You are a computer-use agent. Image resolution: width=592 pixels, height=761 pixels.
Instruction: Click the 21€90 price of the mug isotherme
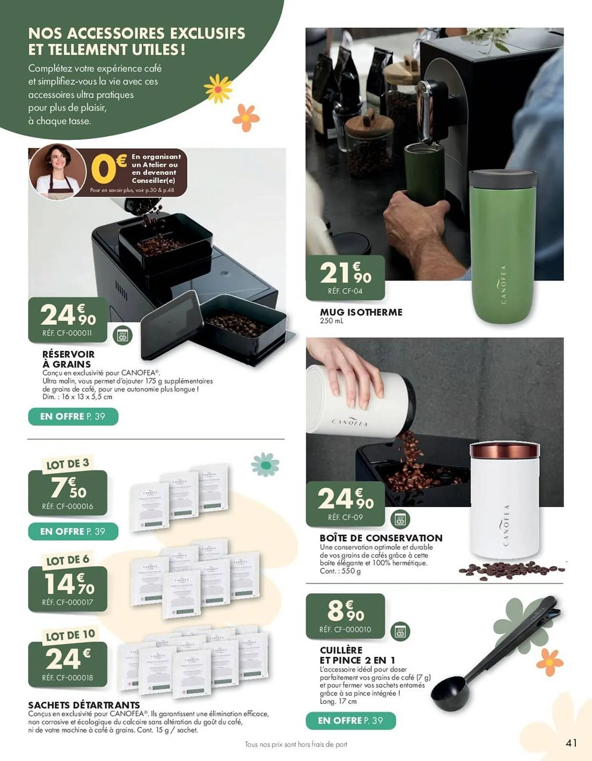[345, 273]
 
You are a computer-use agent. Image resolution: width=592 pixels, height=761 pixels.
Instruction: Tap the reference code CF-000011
[67, 333]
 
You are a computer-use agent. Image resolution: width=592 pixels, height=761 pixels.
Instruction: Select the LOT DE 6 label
[68, 560]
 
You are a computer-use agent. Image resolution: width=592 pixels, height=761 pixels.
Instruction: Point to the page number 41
[571, 743]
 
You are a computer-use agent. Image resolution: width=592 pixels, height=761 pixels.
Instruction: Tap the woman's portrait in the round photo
[57, 172]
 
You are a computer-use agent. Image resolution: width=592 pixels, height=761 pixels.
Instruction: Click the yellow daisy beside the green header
[218, 89]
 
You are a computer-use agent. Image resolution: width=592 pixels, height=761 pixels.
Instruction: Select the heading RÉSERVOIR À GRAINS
[69, 359]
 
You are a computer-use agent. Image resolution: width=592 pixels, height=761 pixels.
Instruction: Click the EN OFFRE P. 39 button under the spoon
[350, 720]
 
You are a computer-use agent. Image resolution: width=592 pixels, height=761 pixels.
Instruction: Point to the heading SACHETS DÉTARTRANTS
[84, 705]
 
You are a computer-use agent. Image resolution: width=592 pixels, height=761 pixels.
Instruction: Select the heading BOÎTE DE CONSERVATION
[381, 538]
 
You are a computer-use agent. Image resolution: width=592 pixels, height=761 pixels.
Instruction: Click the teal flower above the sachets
[265, 465]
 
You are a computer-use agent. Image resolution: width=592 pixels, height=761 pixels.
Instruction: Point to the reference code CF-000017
[67, 602]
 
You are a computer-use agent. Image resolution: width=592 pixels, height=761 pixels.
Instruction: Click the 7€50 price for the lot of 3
[68, 488]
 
